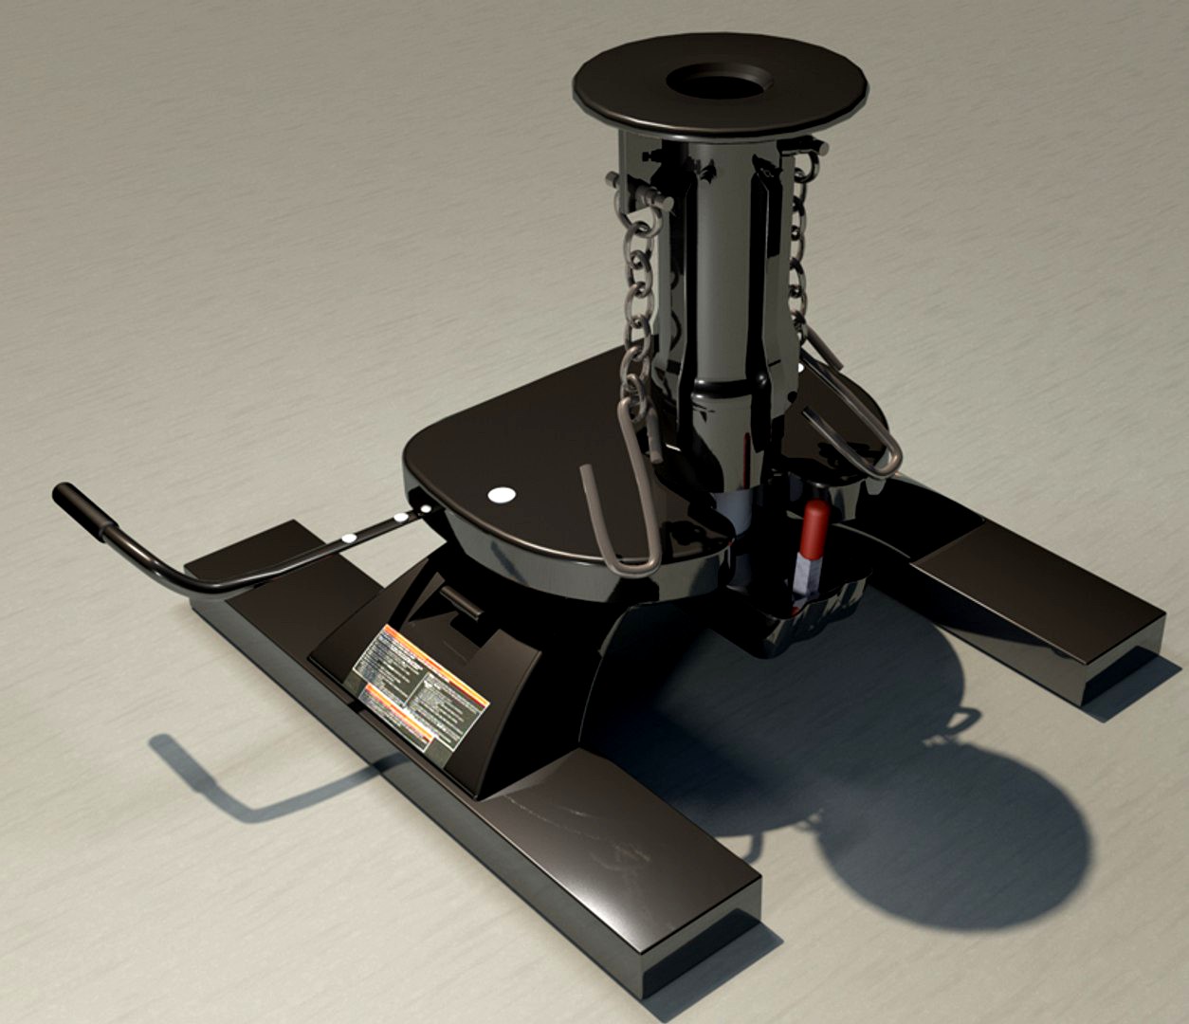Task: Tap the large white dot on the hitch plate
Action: coord(500,494)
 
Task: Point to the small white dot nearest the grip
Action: coord(349,538)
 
